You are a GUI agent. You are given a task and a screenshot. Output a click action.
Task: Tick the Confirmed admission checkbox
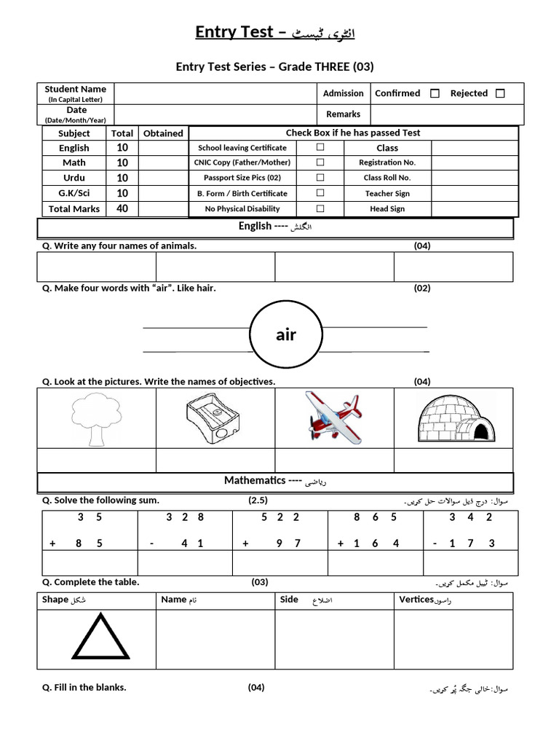[435, 93]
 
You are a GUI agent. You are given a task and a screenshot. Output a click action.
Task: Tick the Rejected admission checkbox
[500, 93]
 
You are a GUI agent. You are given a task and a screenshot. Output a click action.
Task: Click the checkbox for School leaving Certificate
[320, 147]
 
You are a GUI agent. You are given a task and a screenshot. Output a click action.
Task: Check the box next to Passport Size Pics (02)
[320, 178]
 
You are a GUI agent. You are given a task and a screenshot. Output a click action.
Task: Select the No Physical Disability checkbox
[320, 208]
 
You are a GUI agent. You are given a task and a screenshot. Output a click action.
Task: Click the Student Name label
[76, 90]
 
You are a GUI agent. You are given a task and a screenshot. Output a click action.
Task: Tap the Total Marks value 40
[122, 208]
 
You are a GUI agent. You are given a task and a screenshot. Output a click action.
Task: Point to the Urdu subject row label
[74, 178]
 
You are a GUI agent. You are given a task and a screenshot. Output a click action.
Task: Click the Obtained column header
[163, 133]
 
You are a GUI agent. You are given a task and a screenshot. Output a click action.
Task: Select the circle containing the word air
[286, 334]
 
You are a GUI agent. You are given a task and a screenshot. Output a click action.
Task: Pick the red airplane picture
[332, 417]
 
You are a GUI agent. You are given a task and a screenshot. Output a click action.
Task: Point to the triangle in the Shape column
[99, 637]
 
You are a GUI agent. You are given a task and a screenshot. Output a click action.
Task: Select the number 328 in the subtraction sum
[185, 517]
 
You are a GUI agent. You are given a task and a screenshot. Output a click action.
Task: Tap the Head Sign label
[387, 208]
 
